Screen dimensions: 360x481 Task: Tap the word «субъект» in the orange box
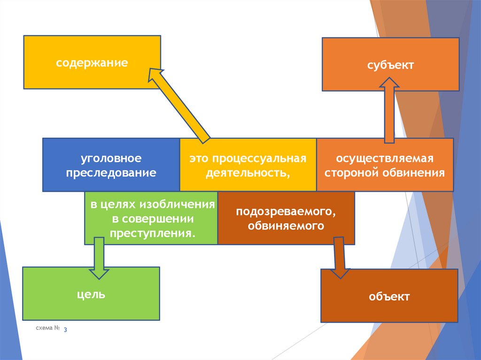pyautogui.click(x=390, y=65)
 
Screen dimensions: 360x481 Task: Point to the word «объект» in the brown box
pyautogui.click(x=389, y=296)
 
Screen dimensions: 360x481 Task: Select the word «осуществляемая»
pyautogui.click(x=385, y=159)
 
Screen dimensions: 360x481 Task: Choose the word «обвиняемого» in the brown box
pyautogui.click(x=286, y=225)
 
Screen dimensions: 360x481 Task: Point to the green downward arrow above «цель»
pyautogui.click(x=99, y=258)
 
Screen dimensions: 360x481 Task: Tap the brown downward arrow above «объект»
pyautogui.click(x=340, y=258)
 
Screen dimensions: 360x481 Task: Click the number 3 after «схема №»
pyautogui.click(x=65, y=330)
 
